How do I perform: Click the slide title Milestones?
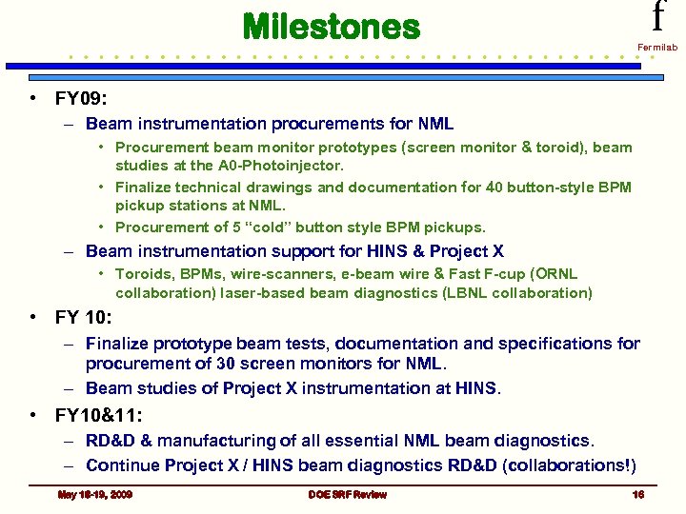tap(331, 27)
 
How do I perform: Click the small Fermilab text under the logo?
tap(656, 47)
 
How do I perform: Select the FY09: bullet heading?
tap(84, 98)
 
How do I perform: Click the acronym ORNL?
tap(555, 274)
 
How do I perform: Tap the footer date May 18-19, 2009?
tap(95, 495)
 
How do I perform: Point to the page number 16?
tap(638, 495)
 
